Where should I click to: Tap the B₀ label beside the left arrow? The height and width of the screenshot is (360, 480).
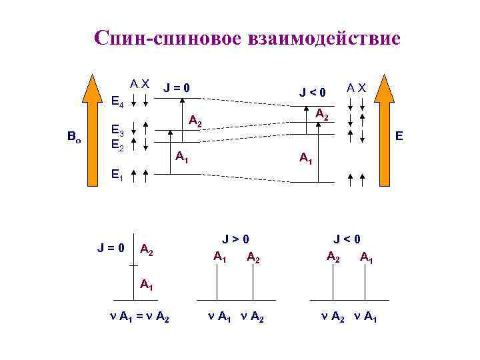tap(74, 137)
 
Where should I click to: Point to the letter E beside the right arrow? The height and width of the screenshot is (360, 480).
tap(399, 136)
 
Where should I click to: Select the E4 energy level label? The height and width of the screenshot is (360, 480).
tap(117, 103)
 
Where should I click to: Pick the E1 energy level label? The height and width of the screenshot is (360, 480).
tap(117, 175)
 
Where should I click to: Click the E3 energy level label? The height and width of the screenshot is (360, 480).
tap(117, 130)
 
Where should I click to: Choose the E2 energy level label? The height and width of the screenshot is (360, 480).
tap(117, 143)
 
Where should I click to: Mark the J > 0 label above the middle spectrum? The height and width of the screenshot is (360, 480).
tap(236, 238)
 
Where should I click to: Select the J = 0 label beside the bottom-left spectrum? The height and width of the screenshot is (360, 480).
tap(111, 248)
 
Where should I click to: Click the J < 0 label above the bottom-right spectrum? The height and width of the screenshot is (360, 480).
tap(347, 238)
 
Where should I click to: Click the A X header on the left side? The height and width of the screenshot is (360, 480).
tap(140, 84)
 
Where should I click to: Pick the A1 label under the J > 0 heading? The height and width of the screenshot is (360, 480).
tap(220, 255)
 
